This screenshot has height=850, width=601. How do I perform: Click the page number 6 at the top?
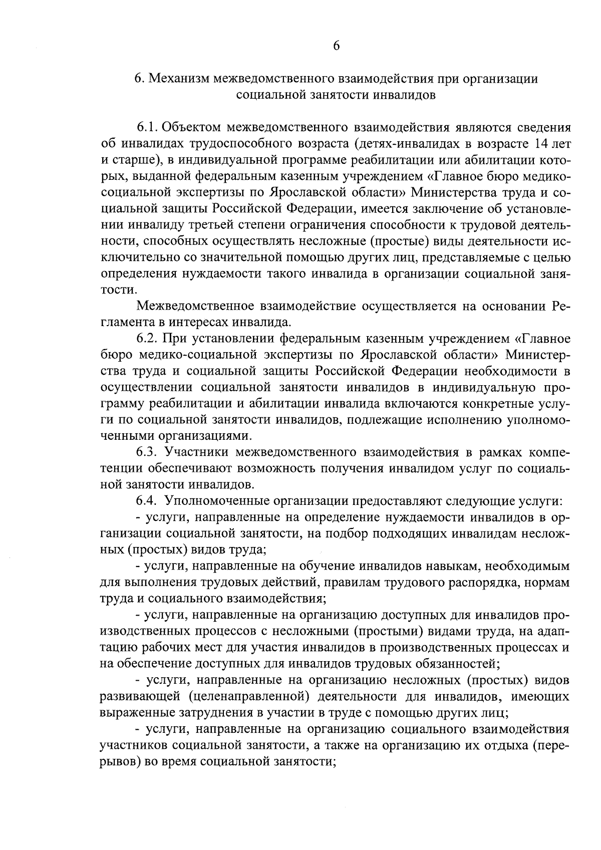pyautogui.click(x=336, y=46)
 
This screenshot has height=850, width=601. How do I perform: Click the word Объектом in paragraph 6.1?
pyautogui.click(x=193, y=128)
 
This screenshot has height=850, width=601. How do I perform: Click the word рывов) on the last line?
pyautogui.click(x=122, y=761)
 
